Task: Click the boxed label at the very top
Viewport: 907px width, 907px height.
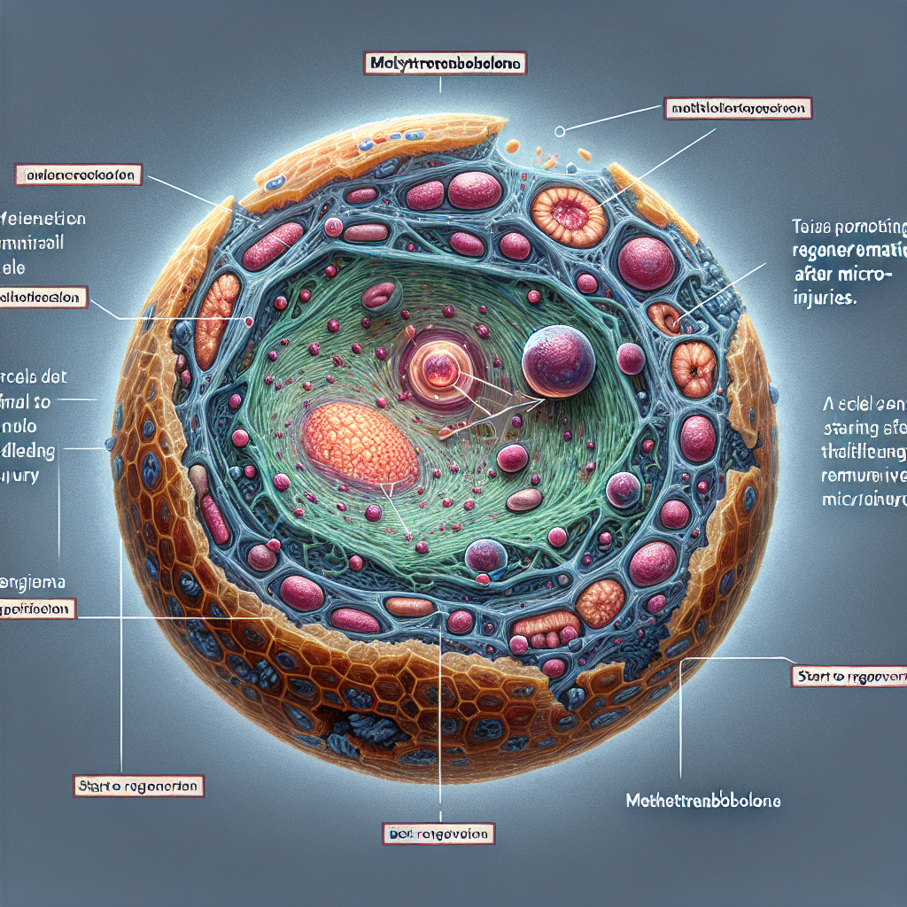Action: tap(445, 63)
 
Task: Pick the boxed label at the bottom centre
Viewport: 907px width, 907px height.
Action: tap(438, 833)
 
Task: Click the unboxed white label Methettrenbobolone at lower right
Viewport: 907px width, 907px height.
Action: tap(702, 801)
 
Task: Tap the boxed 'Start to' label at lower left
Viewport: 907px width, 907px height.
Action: tap(136, 786)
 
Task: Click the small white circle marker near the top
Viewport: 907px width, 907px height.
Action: tap(559, 131)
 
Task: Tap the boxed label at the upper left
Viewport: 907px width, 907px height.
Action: tap(79, 175)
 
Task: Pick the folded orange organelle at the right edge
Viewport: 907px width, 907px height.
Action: tap(694, 365)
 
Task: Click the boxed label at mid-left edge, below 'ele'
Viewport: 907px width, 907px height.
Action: tap(44, 298)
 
